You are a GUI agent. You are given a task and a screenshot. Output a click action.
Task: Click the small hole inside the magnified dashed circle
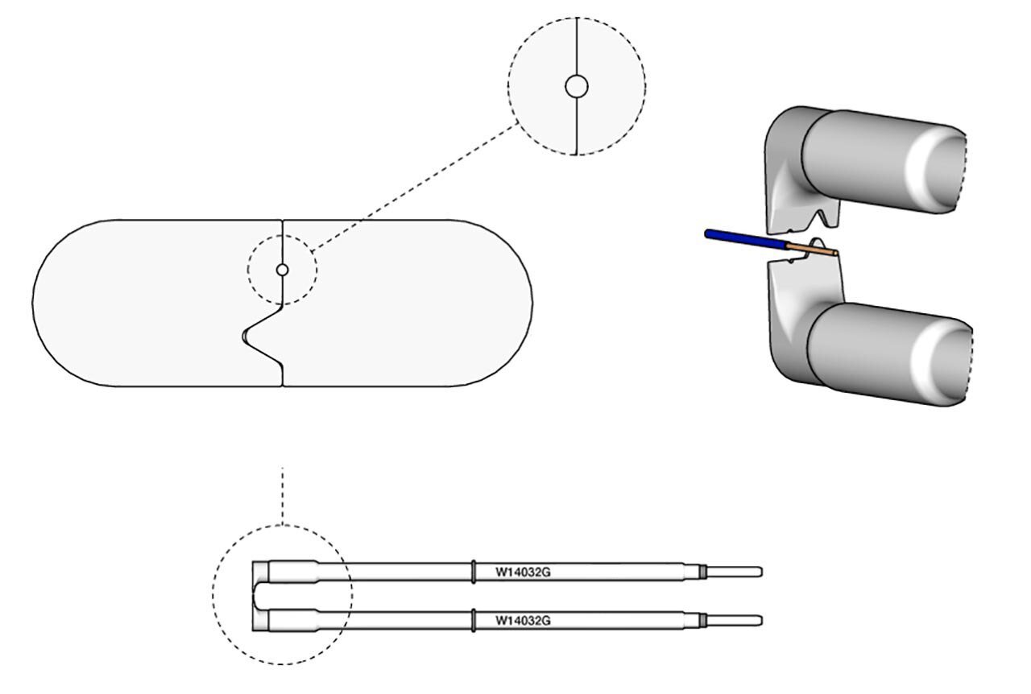click(576, 86)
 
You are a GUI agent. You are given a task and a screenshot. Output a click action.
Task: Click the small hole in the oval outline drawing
click(282, 270)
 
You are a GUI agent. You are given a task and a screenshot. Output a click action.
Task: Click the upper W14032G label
click(522, 572)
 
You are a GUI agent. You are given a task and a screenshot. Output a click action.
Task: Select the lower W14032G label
click(522, 621)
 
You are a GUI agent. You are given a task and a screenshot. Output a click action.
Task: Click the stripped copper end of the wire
click(814, 249)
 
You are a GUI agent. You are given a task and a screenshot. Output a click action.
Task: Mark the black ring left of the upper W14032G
click(473, 572)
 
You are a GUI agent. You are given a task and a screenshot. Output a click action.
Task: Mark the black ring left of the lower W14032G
click(473, 620)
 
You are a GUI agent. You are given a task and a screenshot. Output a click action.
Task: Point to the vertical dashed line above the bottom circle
click(282, 495)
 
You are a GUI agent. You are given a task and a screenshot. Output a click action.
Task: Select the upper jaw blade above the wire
click(797, 197)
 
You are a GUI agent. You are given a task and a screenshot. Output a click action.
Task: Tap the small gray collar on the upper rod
click(702, 572)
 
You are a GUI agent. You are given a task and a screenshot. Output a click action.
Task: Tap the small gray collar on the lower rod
click(702, 620)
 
